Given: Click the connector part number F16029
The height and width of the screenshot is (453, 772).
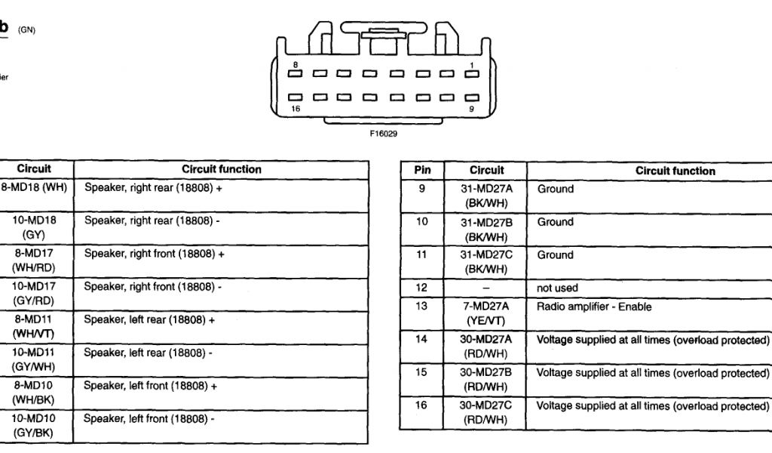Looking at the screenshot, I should pyautogui.click(x=383, y=134).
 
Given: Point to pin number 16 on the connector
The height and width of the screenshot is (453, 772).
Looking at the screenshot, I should pyautogui.click(x=296, y=108).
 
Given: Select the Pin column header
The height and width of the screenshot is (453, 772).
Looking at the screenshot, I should pyautogui.click(x=422, y=171).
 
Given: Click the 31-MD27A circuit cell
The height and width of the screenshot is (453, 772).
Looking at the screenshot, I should pyautogui.click(x=486, y=196).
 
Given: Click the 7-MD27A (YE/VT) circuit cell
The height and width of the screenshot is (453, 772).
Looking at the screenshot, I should pyautogui.click(x=486, y=313).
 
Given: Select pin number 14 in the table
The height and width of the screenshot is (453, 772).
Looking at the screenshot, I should pyautogui.click(x=422, y=340).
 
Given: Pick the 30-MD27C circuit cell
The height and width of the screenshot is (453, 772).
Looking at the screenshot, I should pyautogui.click(x=486, y=412).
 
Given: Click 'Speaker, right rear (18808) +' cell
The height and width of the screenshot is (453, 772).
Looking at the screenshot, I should pyautogui.click(x=153, y=189).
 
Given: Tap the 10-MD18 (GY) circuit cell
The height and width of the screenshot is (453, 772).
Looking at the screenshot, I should pyautogui.click(x=34, y=227).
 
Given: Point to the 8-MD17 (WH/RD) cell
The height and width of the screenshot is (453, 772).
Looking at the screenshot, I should pyautogui.click(x=34, y=260).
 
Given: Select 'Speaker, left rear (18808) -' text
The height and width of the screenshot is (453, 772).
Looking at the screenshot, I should pyautogui.click(x=148, y=353).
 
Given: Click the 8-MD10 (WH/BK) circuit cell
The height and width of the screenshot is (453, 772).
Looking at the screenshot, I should pyautogui.click(x=34, y=393).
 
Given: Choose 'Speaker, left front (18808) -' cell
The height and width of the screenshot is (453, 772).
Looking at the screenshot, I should pyautogui.click(x=149, y=418).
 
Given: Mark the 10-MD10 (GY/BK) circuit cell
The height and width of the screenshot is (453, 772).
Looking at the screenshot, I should pyautogui.click(x=34, y=425).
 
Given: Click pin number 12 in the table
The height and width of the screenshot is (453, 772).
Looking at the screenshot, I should pyautogui.click(x=422, y=288).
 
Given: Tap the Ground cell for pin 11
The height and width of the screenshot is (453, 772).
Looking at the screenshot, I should pyautogui.click(x=556, y=255).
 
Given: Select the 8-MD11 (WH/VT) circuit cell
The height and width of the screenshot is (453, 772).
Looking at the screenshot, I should pyautogui.click(x=34, y=326).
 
